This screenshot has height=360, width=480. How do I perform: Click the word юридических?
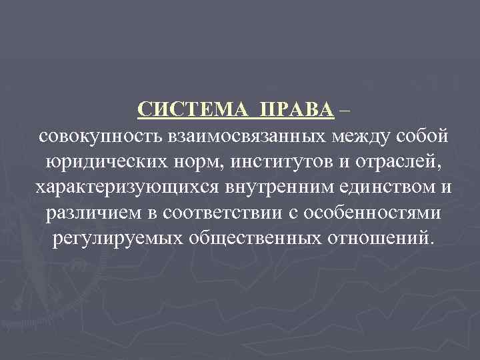106,161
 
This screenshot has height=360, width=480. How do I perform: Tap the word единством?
377,187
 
